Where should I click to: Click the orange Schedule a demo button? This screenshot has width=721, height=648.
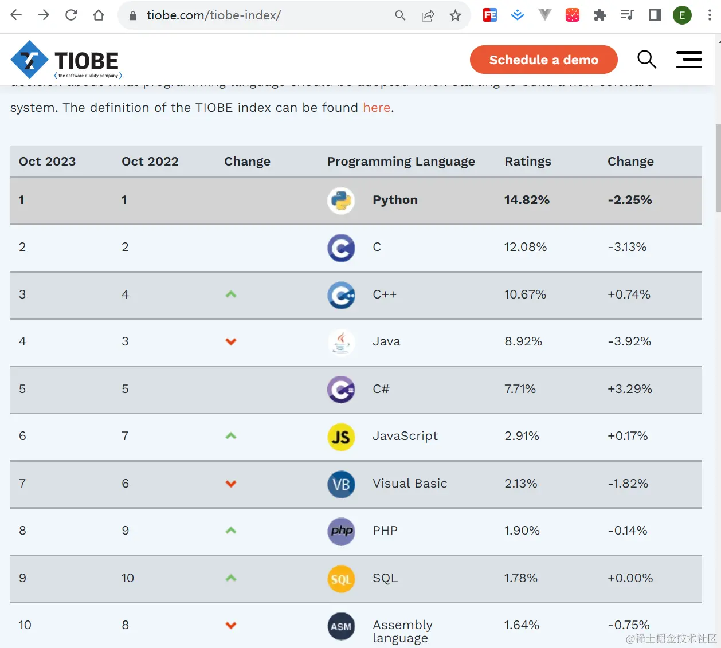click(x=543, y=60)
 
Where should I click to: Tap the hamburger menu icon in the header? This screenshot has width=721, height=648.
click(x=688, y=60)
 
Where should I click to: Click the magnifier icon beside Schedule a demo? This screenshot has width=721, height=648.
click(x=646, y=59)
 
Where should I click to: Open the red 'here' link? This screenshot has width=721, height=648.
click(x=377, y=108)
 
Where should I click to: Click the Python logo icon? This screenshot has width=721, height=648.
click(x=341, y=201)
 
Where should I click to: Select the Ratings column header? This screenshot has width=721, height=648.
click(x=527, y=162)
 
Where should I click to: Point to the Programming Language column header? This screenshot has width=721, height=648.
click(x=401, y=162)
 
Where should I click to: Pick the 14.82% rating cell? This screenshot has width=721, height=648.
click(x=526, y=200)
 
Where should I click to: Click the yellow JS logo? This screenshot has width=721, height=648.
click(x=341, y=437)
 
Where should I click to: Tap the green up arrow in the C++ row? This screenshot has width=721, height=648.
click(x=231, y=294)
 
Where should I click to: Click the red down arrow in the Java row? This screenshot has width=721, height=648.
click(x=231, y=342)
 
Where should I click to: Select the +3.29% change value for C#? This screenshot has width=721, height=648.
click(x=629, y=389)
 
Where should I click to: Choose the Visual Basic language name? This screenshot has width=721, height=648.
click(x=410, y=484)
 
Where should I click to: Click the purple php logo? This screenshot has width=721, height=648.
click(x=341, y=531)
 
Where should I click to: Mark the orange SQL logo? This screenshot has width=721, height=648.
click(x=341, y=579)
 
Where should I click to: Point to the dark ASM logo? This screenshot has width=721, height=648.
click(x=341, y=626)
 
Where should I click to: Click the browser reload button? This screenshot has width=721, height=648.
click(x=71, y=15)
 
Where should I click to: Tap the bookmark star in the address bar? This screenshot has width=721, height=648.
click(x=455, y=15)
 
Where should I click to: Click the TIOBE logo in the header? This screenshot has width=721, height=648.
click(x=66, y=60)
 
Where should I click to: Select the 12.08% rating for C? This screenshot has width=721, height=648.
click(x=525, y=247)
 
